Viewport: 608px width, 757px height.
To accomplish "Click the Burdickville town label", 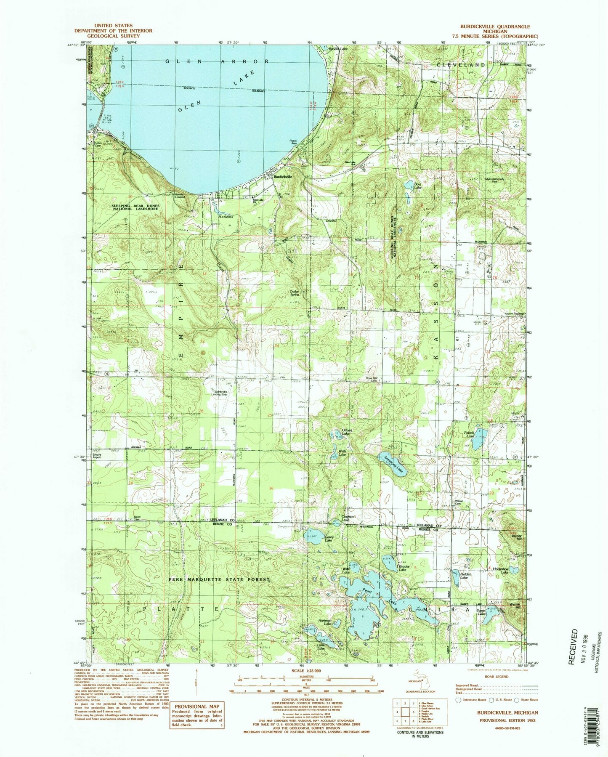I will tap(283, 177).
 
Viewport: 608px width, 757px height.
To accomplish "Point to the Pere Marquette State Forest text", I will tap(219, 579).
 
